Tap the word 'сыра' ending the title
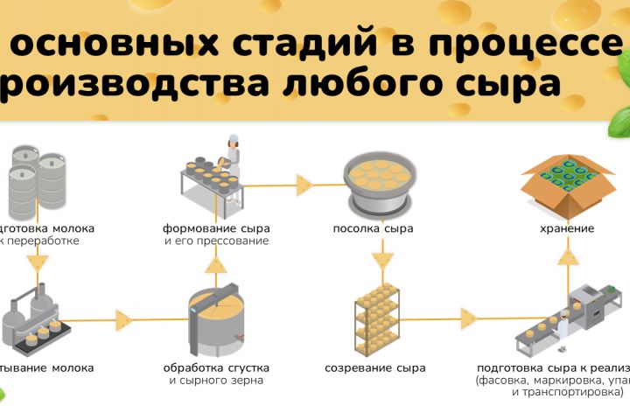(x=515, y=84)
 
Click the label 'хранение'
(x=566, y=228)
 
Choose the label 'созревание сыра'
(x=374, y=368)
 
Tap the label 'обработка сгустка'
(x=216, y=368)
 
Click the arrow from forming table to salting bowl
(x=304, y=185)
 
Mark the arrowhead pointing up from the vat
(x=218, y=264)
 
